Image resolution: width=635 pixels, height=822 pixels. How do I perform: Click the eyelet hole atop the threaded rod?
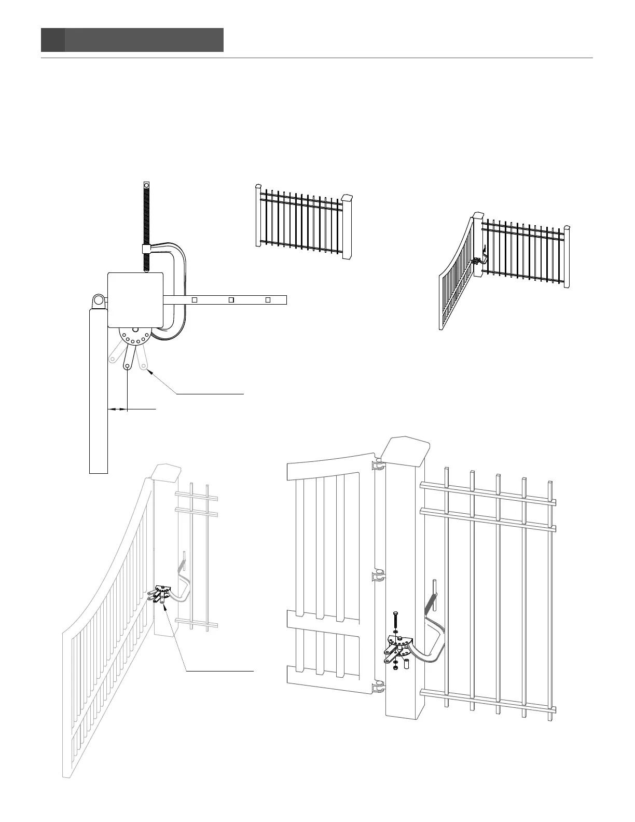[146, 185]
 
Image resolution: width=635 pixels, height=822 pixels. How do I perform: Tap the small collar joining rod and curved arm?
[146, 249]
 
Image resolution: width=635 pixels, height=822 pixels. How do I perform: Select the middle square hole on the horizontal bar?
[231, 299]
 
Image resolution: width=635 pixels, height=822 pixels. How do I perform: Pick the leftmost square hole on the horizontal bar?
[195, 299]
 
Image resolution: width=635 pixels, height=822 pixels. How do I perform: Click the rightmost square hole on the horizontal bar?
[268, 299]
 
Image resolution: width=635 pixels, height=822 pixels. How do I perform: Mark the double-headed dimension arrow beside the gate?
[117, 409]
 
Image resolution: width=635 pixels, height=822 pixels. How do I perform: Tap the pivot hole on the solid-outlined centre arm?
[127, 366]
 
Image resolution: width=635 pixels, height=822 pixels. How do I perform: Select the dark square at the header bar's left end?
[53, 40]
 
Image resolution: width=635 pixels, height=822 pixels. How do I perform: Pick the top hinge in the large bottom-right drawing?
[378, 467]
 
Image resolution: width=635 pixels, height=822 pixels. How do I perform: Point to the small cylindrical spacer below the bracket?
[407, 664]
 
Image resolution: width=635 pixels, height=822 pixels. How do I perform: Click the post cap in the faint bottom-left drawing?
[167, 472]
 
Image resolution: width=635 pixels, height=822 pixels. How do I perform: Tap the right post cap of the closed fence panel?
[347, 198]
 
